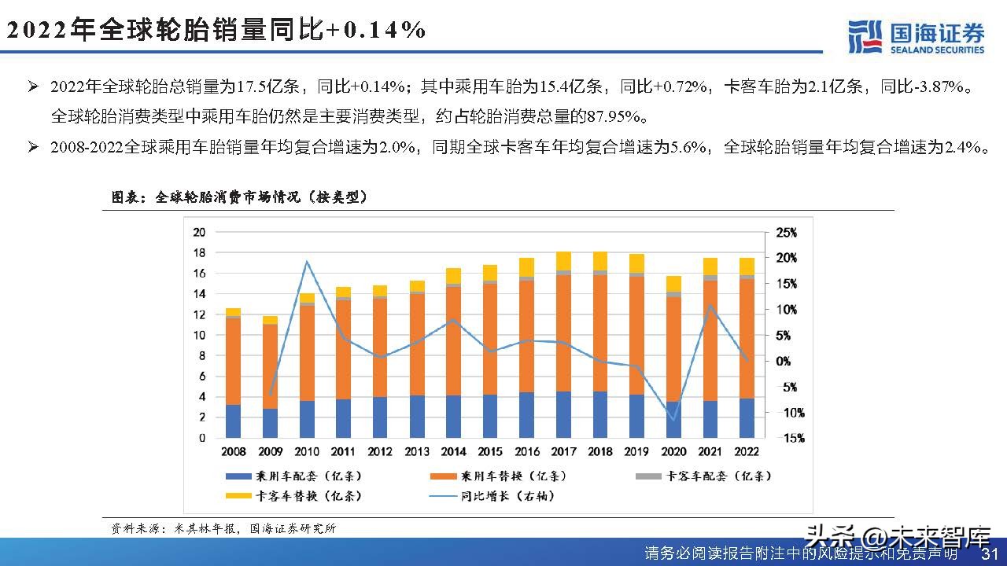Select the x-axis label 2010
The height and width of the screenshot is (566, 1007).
(307, 452)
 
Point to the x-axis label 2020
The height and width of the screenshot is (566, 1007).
(673, 452)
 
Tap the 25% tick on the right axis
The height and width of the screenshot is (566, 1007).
(786, 233)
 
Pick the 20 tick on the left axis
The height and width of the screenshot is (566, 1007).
(199, 232)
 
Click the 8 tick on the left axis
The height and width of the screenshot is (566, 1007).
(201, 355)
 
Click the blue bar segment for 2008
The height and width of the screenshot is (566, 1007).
(234, 421)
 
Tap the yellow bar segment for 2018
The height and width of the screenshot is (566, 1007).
(600, 260)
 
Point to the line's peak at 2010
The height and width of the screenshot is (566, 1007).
(307, 262)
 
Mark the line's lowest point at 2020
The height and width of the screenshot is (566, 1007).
(673, 419)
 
